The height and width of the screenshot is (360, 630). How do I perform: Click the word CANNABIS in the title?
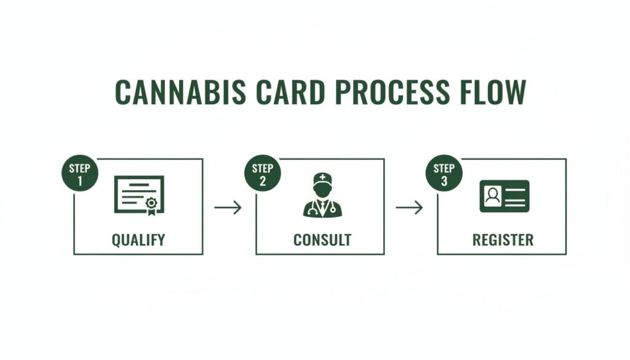[x=180, y=92]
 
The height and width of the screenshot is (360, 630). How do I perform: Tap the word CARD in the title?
[x=290, y=92]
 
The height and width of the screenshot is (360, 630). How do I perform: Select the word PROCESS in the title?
[x=392, y=92]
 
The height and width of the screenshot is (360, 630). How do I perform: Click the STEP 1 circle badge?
[x=79, y=173]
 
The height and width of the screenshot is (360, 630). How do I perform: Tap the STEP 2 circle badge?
[x=262, y=173]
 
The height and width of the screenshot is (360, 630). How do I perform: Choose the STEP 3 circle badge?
[x=444, y=173]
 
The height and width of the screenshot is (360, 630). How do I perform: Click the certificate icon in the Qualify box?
[x=139, y=195]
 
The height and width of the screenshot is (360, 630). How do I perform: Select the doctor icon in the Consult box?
[x=322, y=195]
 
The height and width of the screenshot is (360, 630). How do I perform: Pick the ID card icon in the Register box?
[x=504, y=196]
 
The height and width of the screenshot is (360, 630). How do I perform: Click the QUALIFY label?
[x=138, y=240]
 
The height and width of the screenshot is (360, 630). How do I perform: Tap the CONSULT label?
[x=322, y=240]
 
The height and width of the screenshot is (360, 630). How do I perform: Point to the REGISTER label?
[x=503, y=240]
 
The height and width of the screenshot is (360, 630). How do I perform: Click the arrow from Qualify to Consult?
[x=228, y=208]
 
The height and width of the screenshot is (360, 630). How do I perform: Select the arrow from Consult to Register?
[x=409, y=208]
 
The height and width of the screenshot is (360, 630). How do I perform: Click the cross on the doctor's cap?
[x=322, y=177]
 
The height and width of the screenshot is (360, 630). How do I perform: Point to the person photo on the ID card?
[x=493, y=196]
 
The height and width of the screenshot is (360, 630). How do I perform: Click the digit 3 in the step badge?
[x=444, y=181]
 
